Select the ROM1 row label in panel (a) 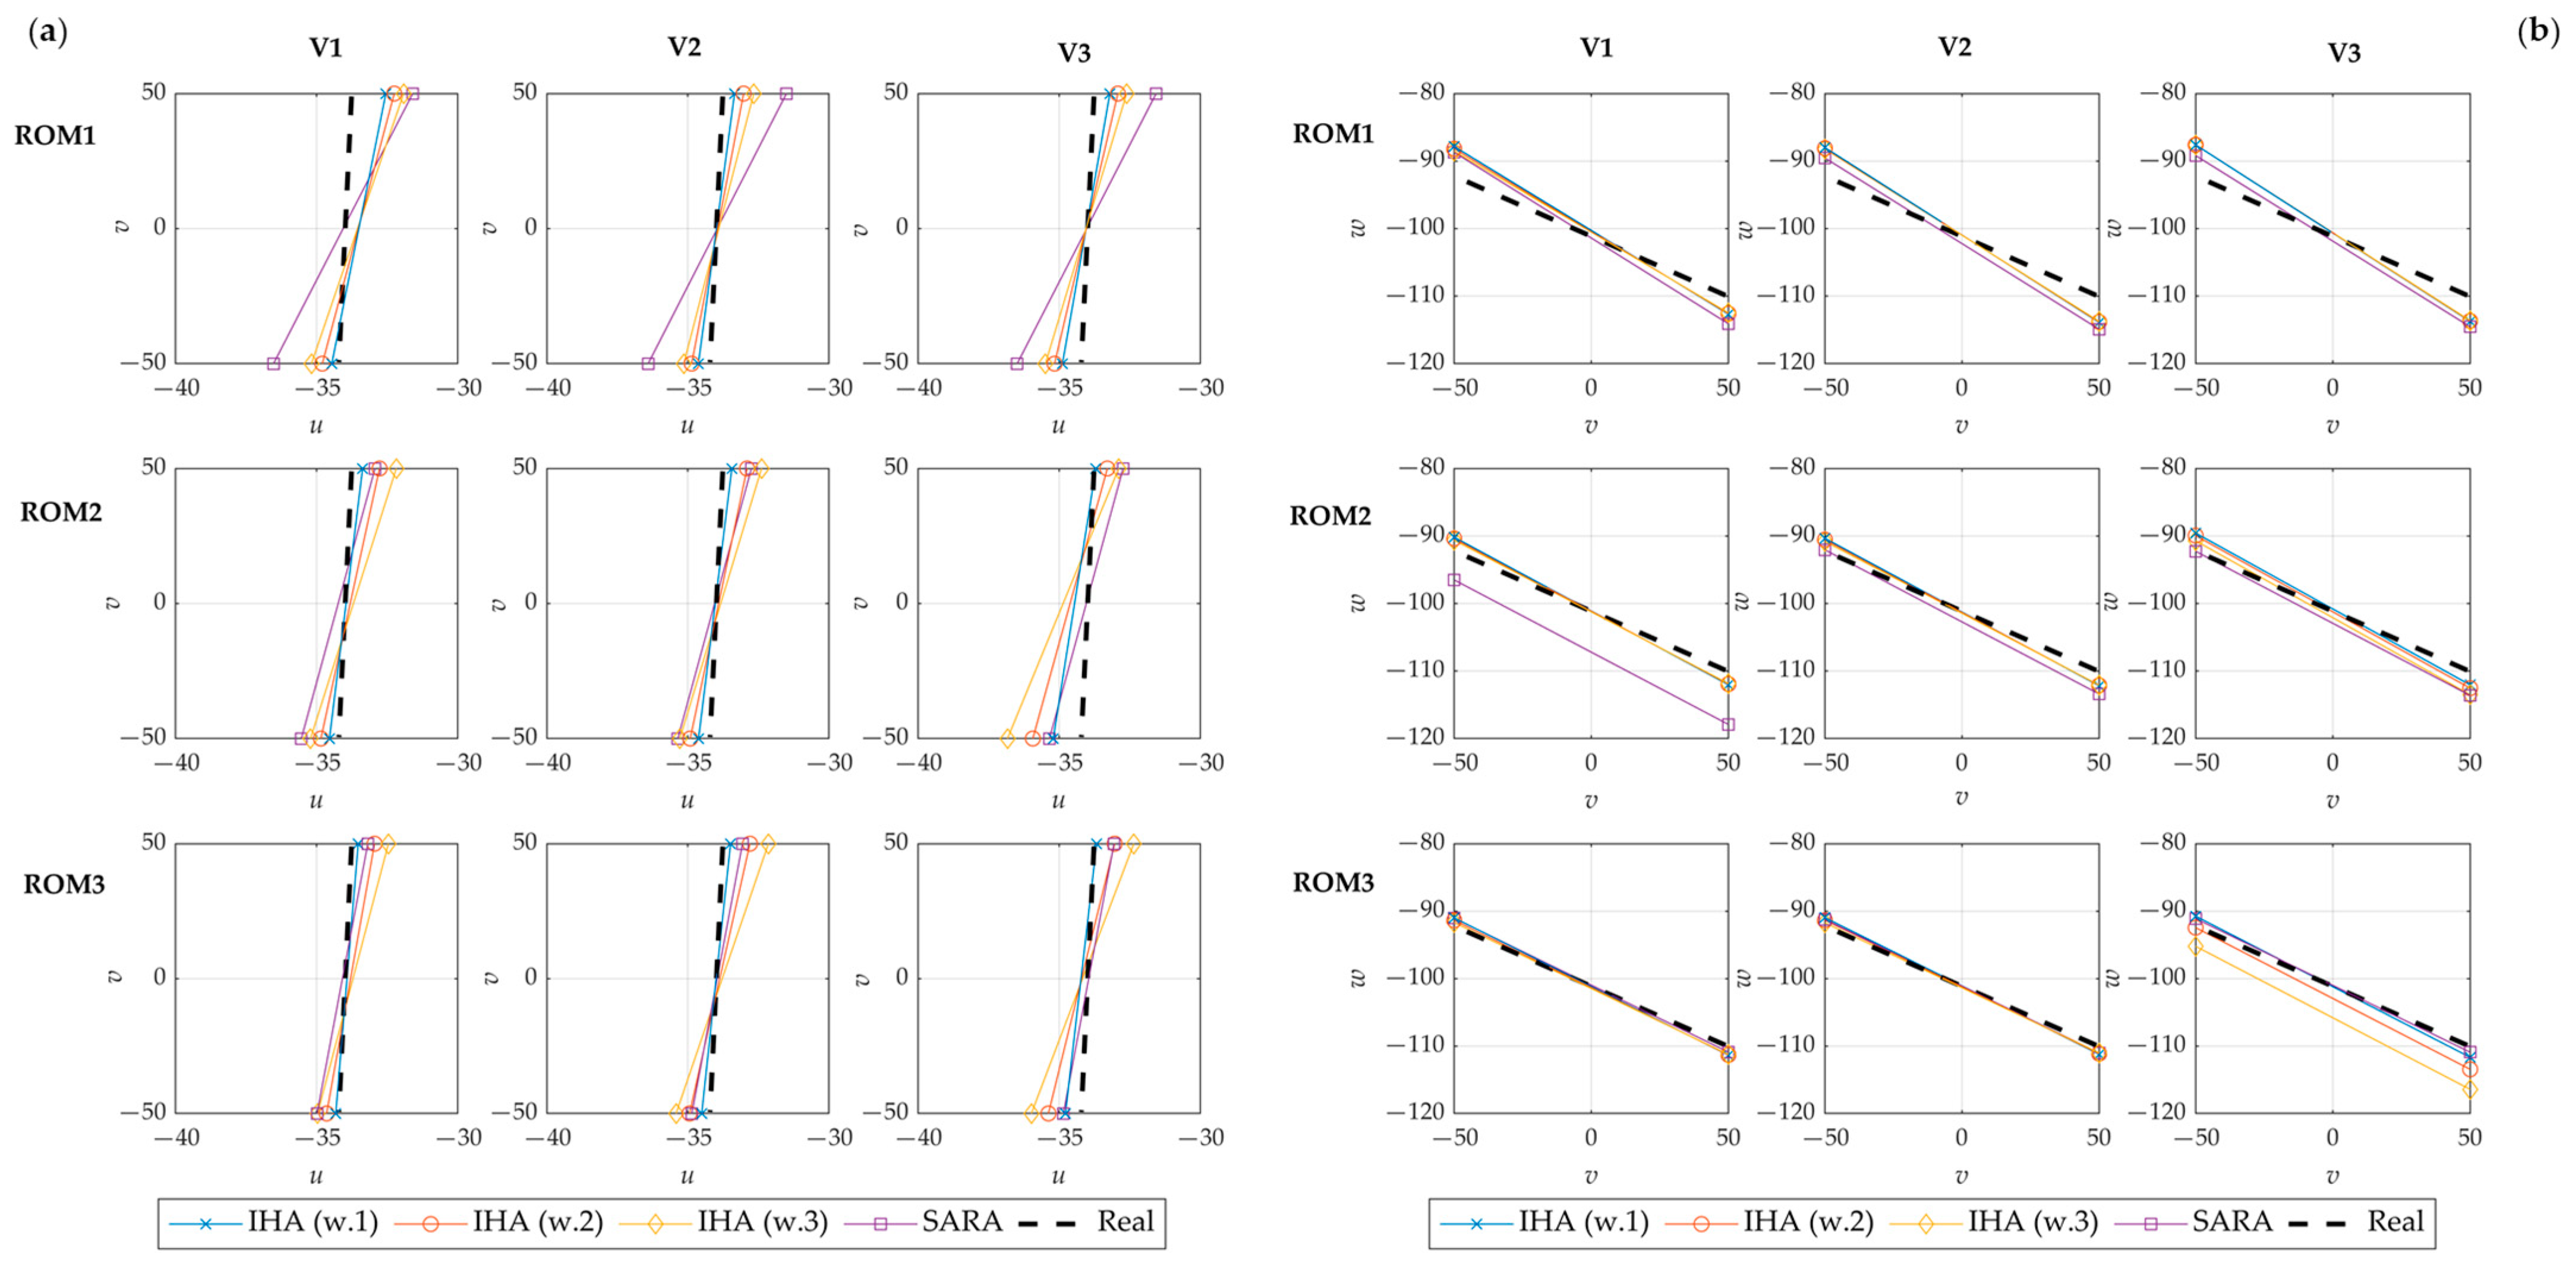pos(55,134)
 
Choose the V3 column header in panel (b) pos(2344,52)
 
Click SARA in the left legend pos(962,1222)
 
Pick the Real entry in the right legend pos(2394,1222)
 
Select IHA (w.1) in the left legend pos(312,1222)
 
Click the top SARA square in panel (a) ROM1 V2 pos(786,94)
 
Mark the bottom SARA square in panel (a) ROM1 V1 pos(273,363)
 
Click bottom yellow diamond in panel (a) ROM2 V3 pos(1007,738)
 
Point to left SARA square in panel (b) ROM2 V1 pos(1454,580)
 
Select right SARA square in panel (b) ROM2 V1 pos(1728,724)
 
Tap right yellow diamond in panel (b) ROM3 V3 pos(2469,1089)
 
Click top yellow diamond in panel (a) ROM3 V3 pos(1133,844)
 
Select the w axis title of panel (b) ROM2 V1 pos(1357,602)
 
